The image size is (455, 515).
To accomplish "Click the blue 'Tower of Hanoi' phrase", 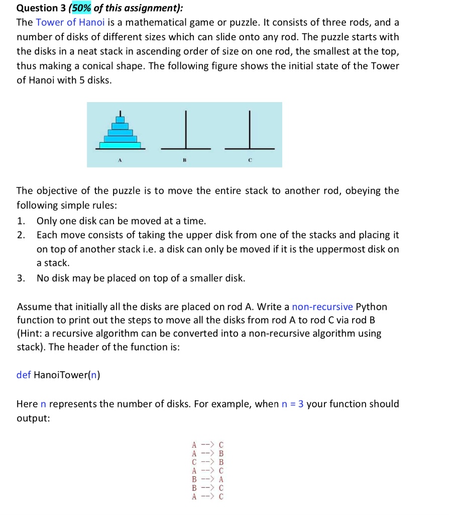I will coord(64,23).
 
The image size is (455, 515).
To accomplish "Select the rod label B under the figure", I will coord(184,159).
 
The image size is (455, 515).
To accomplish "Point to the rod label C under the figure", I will coord(250,159).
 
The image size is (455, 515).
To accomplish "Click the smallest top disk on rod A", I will coord(120,120).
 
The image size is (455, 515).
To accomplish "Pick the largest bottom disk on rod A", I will coord(120,145).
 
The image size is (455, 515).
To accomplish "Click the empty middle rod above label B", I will coord(185,131).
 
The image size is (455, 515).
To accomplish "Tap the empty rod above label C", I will coord(250,131).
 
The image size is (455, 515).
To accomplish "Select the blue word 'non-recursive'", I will coord(323,306).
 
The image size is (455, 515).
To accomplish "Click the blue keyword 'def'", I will coord(24,375).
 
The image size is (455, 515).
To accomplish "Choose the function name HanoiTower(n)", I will coord(67,375).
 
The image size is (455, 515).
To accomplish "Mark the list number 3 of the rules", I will coord(20,278).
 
